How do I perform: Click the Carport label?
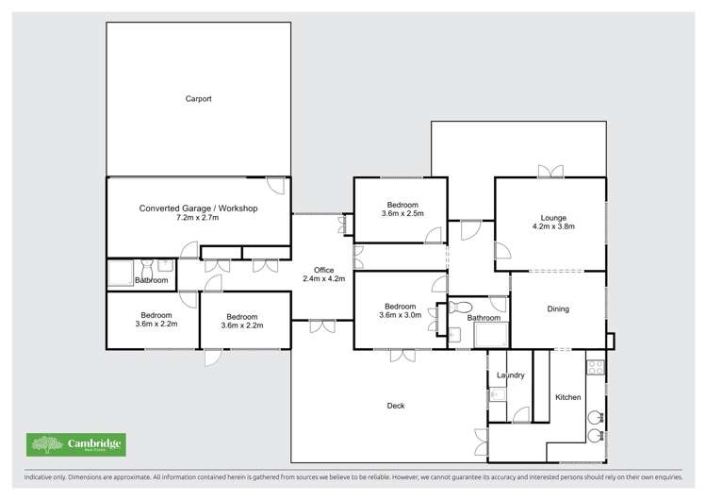point(198,97)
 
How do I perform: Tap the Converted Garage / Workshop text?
point(198,208)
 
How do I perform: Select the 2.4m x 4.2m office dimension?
point(323,279)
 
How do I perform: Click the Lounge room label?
point(552,215)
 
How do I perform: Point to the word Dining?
point(559,308)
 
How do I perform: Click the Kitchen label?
point(567,397)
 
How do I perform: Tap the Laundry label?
point(510,375)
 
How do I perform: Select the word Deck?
point(396,406)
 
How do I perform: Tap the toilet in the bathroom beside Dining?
point(460,307)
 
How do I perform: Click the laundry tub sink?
point(497,395)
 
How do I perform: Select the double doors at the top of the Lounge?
point(550,172)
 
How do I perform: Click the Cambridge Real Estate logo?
point(75,444)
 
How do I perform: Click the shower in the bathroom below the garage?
point(120,274)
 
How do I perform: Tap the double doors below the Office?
point(322,326)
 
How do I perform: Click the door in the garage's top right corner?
point(275,185)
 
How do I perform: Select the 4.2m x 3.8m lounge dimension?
point(552,226)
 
